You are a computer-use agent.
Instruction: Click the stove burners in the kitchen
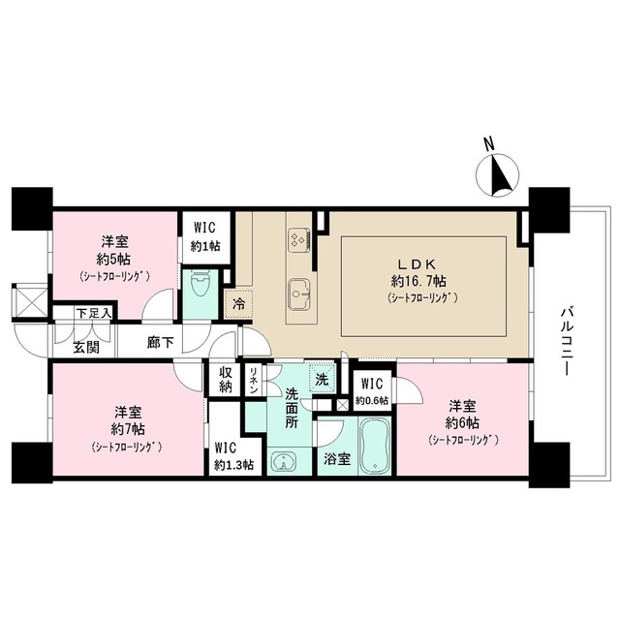[x=297, y=239]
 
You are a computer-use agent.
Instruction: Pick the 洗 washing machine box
[x=321, y=379]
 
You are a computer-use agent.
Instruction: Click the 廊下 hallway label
[x=161, y=341]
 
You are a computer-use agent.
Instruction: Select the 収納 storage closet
[x=225, y=379]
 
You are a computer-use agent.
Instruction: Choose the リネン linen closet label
[x=253, y=379]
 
